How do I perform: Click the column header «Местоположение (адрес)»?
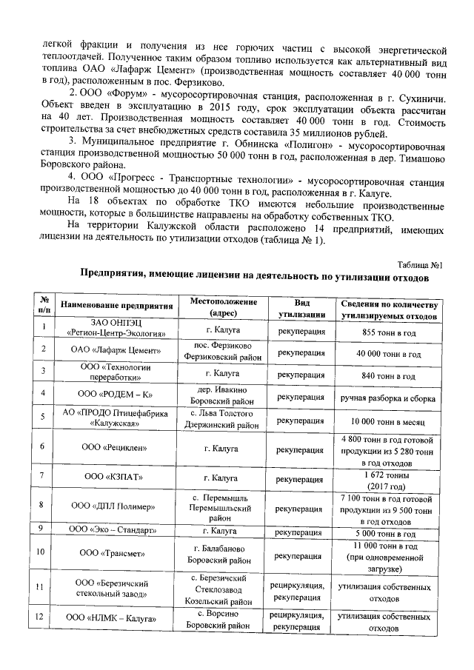click(x=223, y=309)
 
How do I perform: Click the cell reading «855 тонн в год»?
click(x=390, y=331)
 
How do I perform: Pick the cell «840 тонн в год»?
click(x=390, y=375)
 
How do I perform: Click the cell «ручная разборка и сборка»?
click(x=390, y=397)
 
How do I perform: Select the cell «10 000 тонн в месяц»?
click(x=390, y=421)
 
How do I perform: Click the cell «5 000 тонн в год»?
click(x=390, y=532)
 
